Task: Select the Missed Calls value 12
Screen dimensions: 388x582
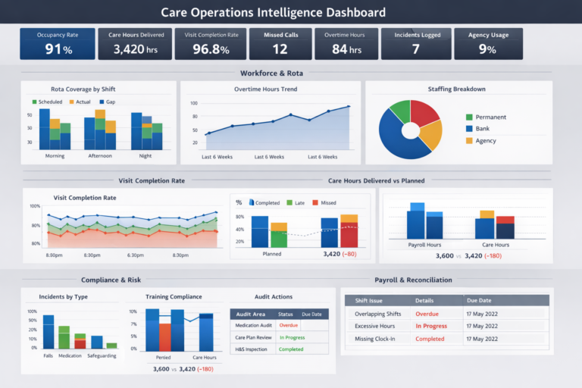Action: [x=280, y=49]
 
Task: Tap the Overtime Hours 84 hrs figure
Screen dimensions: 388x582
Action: [x=345, y=49]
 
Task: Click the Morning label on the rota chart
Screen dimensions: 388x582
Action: [x=55, y=155]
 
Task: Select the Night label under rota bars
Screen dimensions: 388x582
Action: [x=145, y=155]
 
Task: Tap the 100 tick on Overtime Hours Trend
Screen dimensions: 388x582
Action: [x=194, y=103]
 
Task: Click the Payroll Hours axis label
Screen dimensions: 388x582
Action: [x=425, y=245]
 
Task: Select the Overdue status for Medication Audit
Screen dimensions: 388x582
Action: [x=289, y=325]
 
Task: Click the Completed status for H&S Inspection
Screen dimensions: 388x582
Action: [x=291, y=349]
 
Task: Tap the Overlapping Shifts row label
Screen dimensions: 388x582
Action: [x=377, y=312]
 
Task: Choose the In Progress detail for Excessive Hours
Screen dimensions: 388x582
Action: [x=430, y=326]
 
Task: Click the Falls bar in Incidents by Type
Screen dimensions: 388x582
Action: [x=48, y=331]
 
